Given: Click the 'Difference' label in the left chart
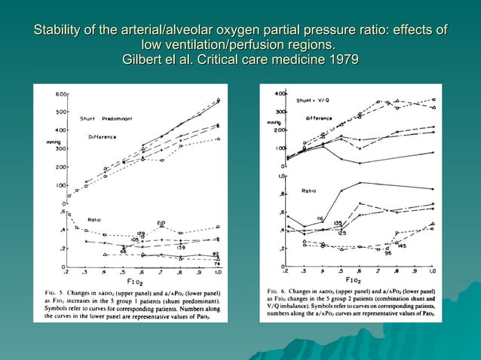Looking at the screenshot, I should point(102,137).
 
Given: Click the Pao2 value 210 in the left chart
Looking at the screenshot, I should point(161,222).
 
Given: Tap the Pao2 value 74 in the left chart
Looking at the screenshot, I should point(216,263).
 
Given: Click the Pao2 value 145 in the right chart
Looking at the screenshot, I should point(402,246).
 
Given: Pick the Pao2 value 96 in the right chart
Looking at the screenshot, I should point(388,253).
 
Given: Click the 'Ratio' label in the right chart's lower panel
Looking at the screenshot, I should point(308,191).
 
